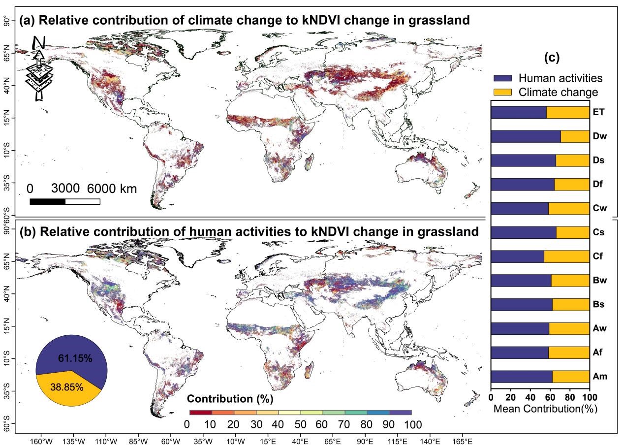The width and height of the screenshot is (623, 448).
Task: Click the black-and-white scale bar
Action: point(64,201)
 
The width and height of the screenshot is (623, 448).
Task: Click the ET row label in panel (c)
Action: point(599,112)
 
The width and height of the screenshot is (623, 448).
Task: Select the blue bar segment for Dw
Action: point(526,136)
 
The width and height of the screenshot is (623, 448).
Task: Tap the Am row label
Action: point(600,377)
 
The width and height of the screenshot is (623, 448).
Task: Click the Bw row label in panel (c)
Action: point(600,281)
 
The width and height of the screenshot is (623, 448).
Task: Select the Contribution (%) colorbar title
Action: point(230,398)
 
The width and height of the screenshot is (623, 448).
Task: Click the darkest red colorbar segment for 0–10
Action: point(200,412)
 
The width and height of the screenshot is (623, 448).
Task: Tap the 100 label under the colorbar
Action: point(411,424)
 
